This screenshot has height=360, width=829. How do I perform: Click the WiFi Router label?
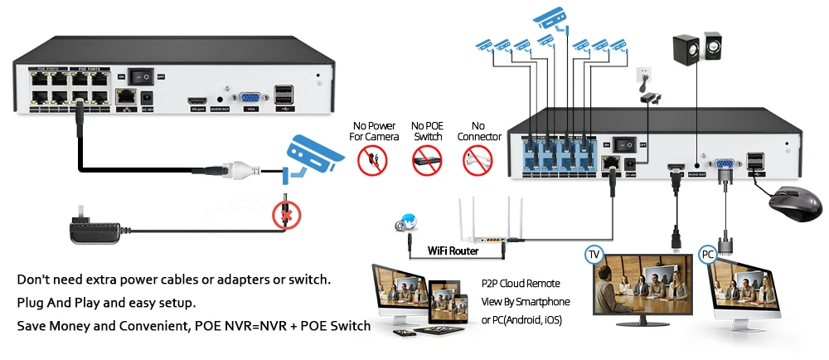tap(453, 250)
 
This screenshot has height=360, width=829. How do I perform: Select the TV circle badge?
tap(594, 253)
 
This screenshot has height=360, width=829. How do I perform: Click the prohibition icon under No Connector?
tap(478, 159)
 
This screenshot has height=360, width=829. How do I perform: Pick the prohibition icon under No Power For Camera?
tap(372, 160)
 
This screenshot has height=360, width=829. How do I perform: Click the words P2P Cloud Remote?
tap(521, 284)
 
